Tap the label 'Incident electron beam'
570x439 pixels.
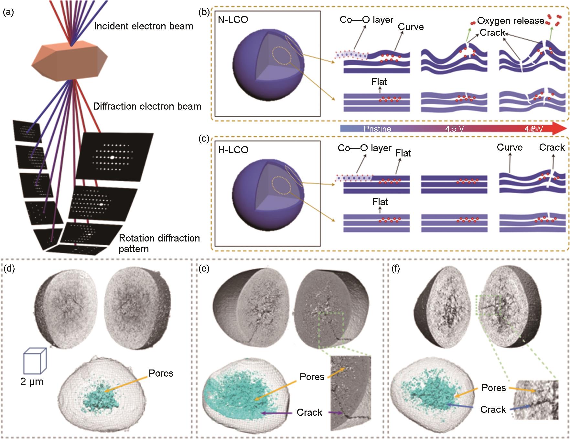pyautogui.click(x=144, y=26)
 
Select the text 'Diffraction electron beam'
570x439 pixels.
pyautogui.click(x=147, y=106)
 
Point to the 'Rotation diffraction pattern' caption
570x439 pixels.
pyautogui.click(x=159, y=243)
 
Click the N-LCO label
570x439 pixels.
pyautogui.click(x=233, y=20)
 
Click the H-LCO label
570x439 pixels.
pyautogui.click(x=233, y=150)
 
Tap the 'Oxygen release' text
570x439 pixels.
pyautogui.click(x=511, y=21)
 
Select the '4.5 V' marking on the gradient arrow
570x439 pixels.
pyautogui.click(x=454, y=129)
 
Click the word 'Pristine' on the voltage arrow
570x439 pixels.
pyautogui.click(x=377, y=129)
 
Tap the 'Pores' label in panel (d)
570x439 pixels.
pyautogui.click(x=161, y=373)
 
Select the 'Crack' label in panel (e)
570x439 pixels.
pyautogui.click(x=309, y=412)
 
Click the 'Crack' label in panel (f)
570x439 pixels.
pyautogui.click(x=493, y=410)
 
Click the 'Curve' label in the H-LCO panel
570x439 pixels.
pyautogui.click(x=510, y=147)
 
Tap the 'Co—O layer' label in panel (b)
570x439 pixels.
pyautogui.click(x=366, y=20)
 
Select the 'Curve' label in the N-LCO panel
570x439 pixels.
pyautogui.click(x=411, y=27)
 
